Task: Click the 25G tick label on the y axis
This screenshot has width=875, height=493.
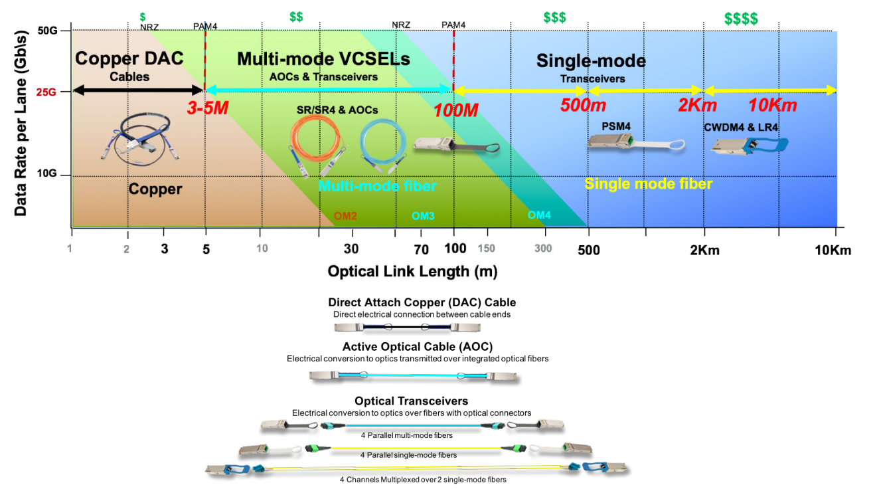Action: (x=46, y=92)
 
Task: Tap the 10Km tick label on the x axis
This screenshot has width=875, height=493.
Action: (x=831, y=250)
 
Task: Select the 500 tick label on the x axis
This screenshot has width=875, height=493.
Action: (x=589, y=250)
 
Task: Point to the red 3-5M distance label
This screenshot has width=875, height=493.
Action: (x=207, y=108)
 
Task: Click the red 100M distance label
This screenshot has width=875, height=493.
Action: (x=456, y=110)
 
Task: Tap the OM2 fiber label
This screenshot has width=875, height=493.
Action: (x=346, y=215)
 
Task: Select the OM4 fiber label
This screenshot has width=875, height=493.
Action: (x=539, y=215)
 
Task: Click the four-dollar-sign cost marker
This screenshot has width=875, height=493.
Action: (x=741, y=19)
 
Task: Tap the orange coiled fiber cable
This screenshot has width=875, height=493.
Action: (x=313, y=144)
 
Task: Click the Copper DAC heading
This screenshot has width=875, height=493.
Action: (x=129, y=58)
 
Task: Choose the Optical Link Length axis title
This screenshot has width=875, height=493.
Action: (x=412, y=271)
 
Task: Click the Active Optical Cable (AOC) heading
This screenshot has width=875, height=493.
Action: (x=418, y=346)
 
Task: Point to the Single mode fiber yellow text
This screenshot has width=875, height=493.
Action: (x=648, y=184)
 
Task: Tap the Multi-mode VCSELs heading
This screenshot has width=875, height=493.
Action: (x=323, y=58)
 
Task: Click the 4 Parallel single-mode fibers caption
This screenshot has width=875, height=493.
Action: (x=408, y=455)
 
